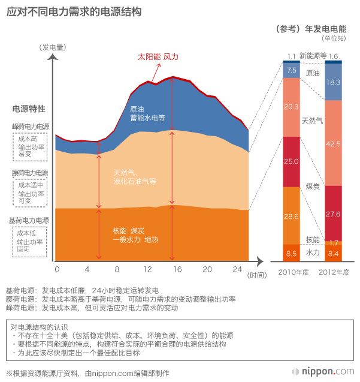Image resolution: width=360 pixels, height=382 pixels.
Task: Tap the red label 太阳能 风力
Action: [x=158, y=57]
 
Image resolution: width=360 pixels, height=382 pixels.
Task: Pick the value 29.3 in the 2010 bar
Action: [x=292, y=107]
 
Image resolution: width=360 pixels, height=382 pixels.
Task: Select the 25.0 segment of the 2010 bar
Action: [x=292, y=162]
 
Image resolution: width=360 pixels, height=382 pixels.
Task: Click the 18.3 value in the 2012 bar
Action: [x=334, y=82]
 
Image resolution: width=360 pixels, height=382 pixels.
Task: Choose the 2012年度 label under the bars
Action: [x=334, y=272]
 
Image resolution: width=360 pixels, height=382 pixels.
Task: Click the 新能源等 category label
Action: [x=313, y=56]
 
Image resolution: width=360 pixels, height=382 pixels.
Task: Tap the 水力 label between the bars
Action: [x=313, y=253]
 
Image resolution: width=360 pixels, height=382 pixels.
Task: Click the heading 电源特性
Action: [x=29, y=109]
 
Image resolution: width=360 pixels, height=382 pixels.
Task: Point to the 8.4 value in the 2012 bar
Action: [x=334, y=254]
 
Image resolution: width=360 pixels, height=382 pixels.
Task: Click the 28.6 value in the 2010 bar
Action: [x=292, y=215]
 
